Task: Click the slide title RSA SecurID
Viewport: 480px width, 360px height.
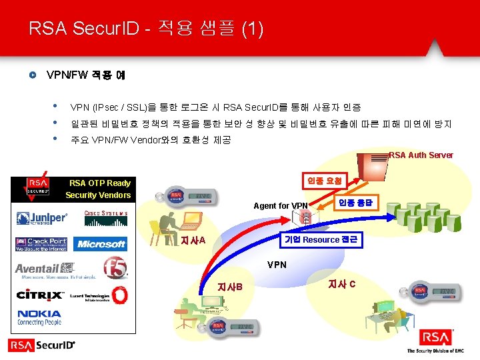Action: [146, 29]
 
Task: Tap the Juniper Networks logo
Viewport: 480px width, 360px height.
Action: [42, 218]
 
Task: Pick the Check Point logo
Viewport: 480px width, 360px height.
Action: [41, 244]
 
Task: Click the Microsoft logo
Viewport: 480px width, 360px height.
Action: [101, 244]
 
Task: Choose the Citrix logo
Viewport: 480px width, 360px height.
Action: [40, 294]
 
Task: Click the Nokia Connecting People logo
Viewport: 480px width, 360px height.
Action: [39, 317]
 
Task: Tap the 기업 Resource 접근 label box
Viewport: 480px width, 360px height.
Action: [321, 240]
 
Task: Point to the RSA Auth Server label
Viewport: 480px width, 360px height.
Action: [421, 155]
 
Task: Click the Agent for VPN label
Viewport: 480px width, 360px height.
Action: [281, 205]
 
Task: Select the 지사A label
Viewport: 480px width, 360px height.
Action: [193, 240]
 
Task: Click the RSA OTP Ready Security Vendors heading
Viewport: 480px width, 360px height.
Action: [98, 189]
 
